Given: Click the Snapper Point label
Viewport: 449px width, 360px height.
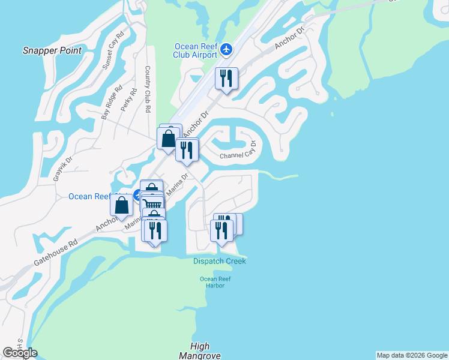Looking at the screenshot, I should tap(52, 50).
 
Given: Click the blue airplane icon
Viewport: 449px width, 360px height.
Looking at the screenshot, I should tap(226, 49).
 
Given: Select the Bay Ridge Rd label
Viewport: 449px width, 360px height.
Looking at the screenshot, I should tap(112, 100).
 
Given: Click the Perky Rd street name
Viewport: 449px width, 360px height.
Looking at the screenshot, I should tap(129, 100).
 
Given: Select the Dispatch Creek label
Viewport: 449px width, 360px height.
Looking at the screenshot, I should tap(220, 261).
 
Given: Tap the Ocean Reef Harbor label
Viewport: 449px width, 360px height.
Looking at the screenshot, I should tap(215, 282).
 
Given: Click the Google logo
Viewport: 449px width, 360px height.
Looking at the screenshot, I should tap(20, 353).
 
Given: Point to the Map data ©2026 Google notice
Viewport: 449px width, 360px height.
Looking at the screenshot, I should tap(412, 355).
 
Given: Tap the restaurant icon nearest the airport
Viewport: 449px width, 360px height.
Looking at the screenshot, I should tap(226, 79).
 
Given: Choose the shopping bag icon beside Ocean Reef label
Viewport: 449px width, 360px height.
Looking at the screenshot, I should tap(122, 205).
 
